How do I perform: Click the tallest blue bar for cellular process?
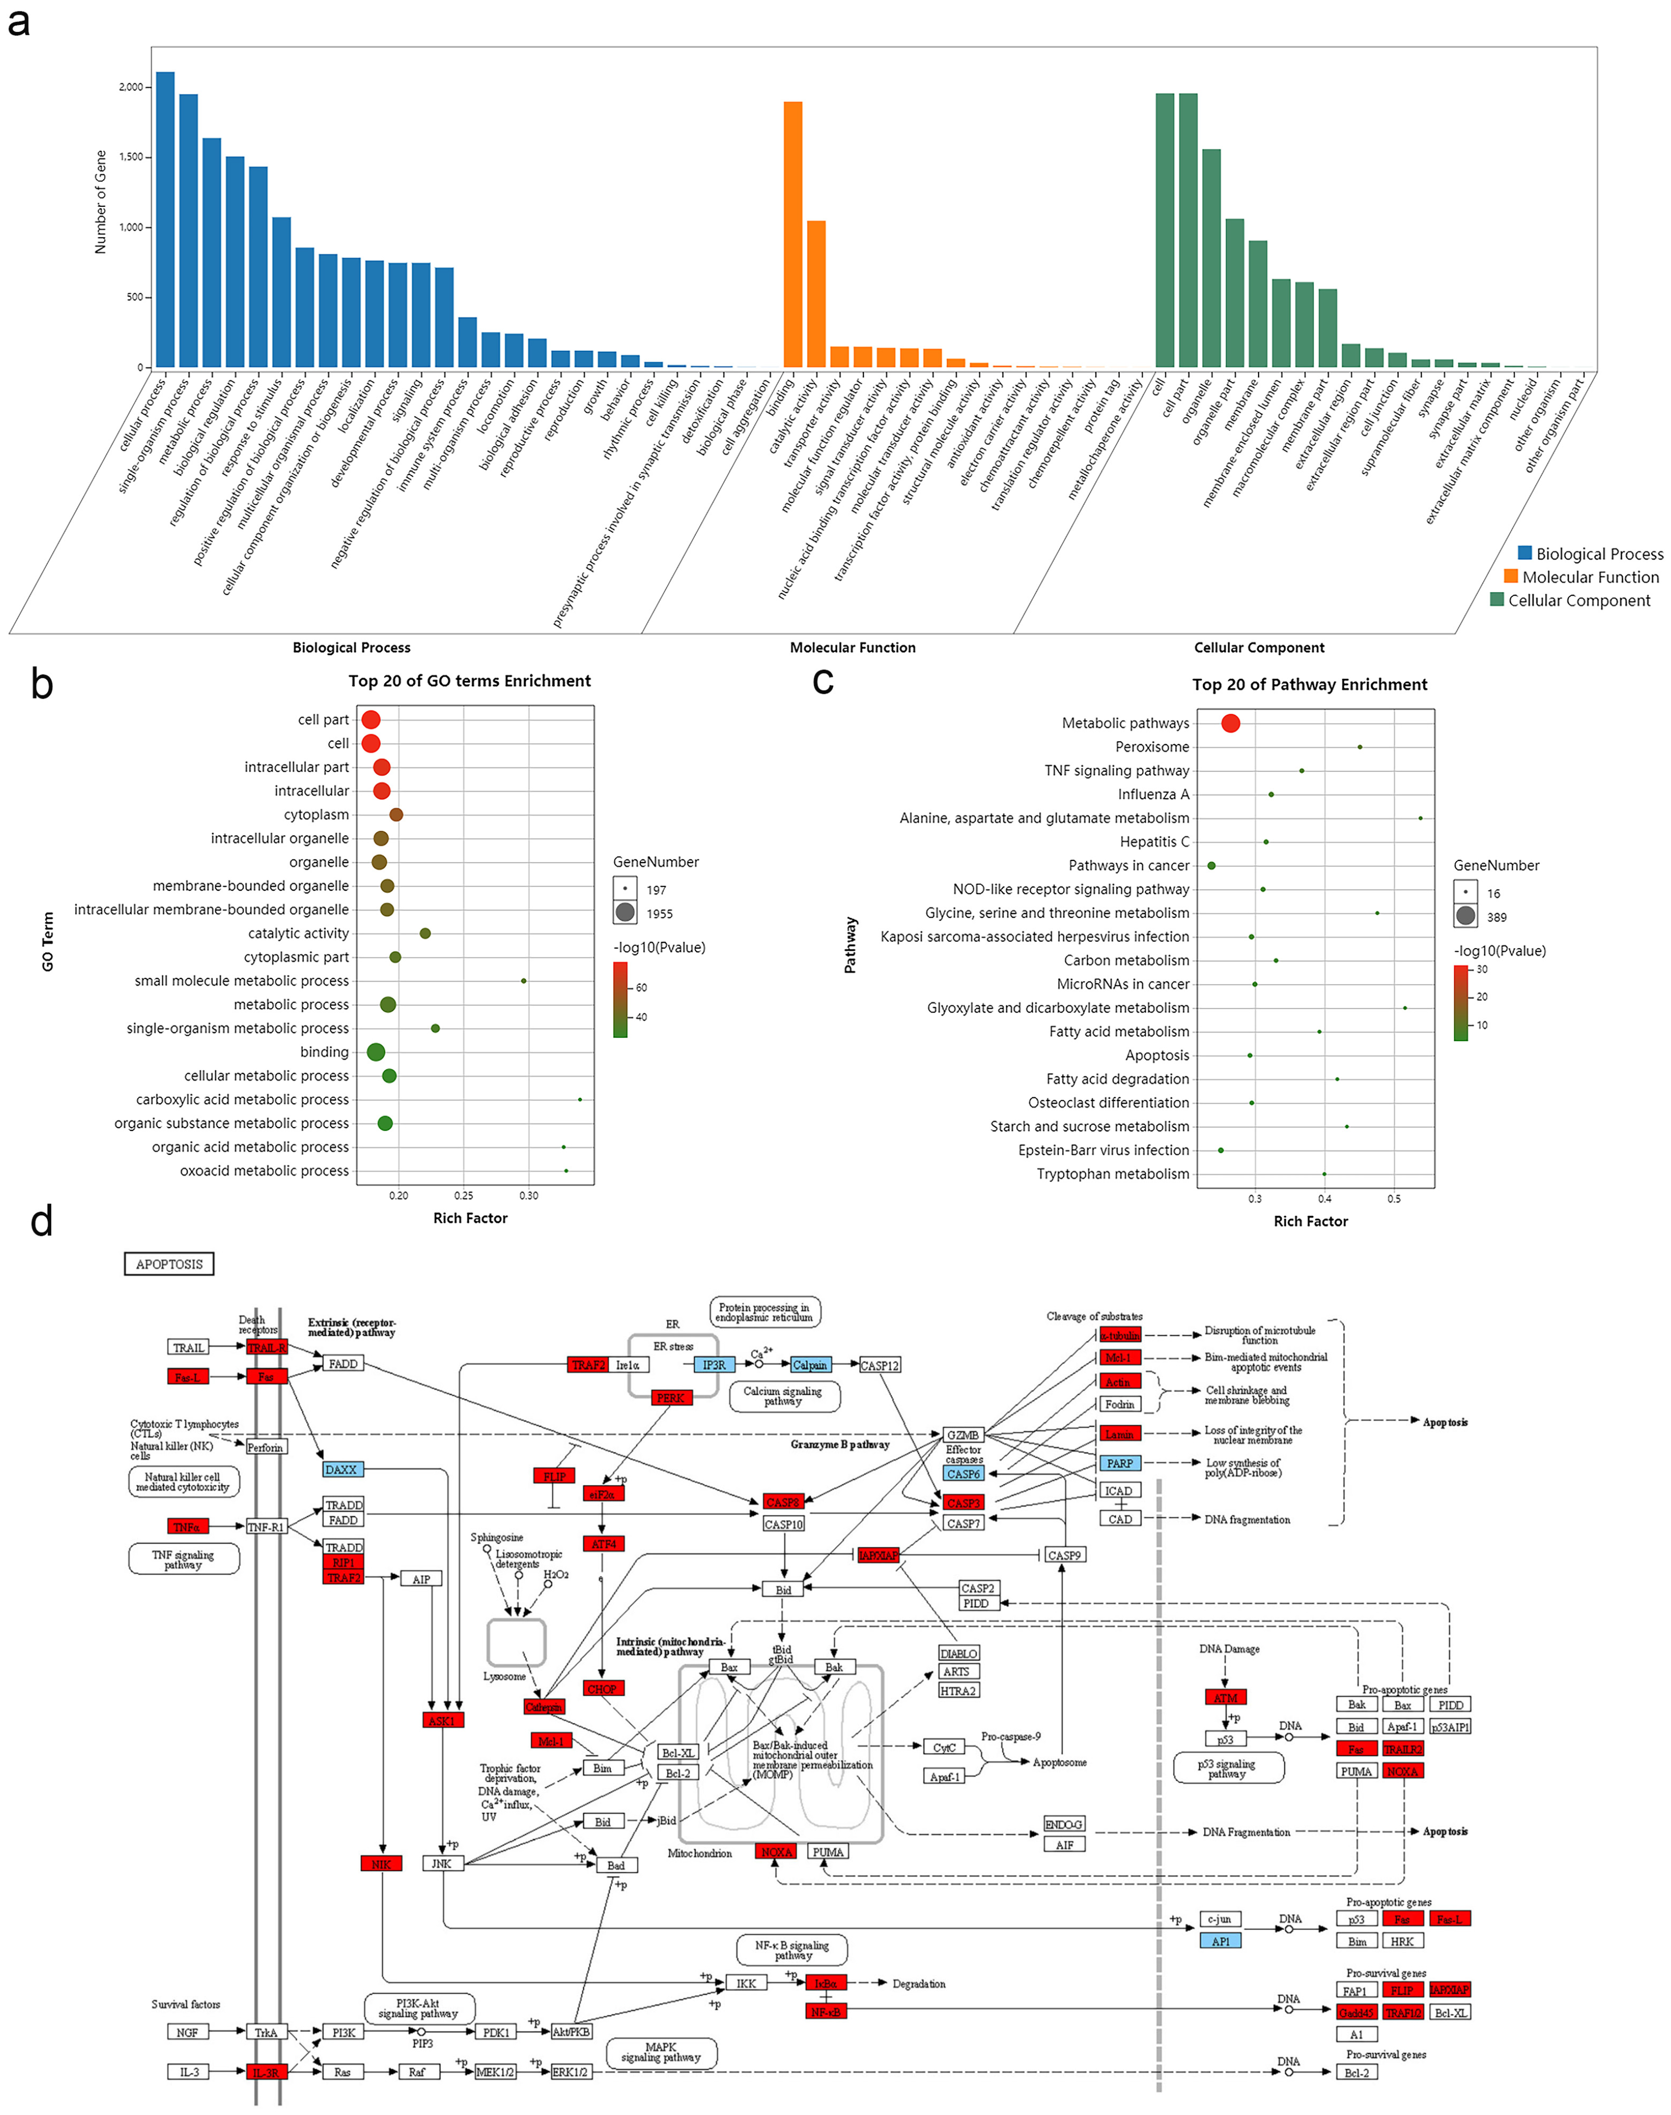(165, 220)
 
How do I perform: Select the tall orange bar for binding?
(792, 235)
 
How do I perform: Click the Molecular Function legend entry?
(1590, 577)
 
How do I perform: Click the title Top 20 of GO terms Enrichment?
(470, 681)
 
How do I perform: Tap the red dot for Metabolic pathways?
(1231, 723)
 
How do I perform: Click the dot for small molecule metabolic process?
(524, 980)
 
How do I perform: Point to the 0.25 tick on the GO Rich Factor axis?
(464, 1196)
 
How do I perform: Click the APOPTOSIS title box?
(169, 1264)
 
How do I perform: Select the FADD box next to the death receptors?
(342, 1364)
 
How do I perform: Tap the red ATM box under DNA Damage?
(1225, 1697)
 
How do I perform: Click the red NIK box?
(381, 1863)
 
